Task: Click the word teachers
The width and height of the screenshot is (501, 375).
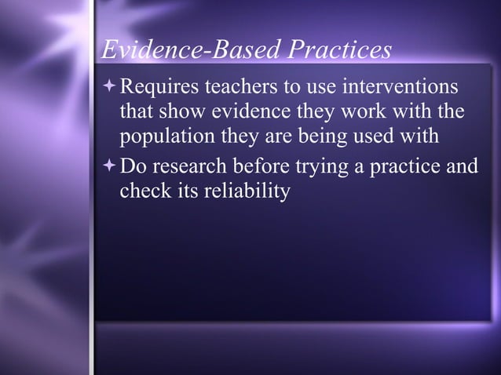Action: coord(235,85)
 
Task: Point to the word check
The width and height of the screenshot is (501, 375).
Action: coord(142,191)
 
